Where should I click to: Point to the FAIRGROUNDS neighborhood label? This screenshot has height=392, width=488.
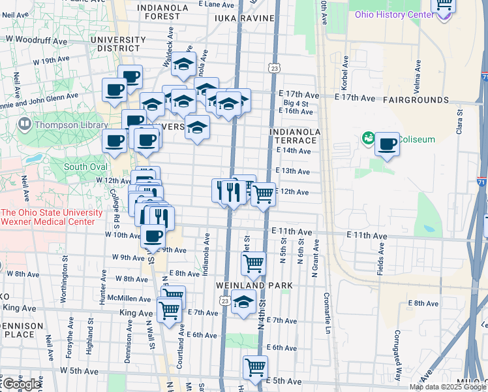click(416, 100)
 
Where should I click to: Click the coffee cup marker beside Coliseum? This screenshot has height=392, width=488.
click(387, 144)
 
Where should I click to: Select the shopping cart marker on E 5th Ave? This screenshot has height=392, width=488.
click(254, 367)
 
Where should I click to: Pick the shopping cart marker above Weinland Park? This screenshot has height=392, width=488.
click(253, 263)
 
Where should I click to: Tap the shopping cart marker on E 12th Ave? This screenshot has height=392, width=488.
click(263, 193)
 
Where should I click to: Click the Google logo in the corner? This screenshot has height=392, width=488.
click(22, 384)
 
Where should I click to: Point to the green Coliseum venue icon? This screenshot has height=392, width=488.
click(368, 138)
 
